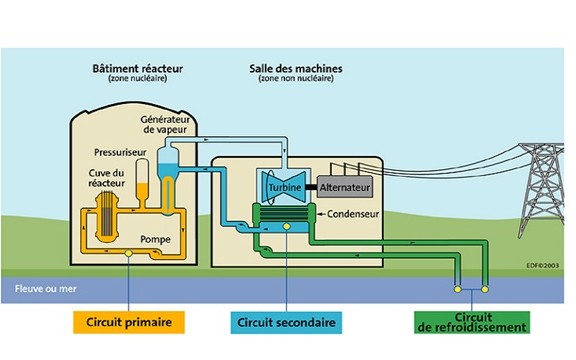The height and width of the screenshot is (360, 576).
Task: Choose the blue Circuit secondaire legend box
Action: click(x=286, y=322)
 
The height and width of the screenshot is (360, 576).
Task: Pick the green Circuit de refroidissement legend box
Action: click(x=471, y=322)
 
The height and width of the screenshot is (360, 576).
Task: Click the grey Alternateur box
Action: click(x=346, y=187)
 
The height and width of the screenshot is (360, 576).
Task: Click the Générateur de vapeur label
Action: click(x=164, y=124)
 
